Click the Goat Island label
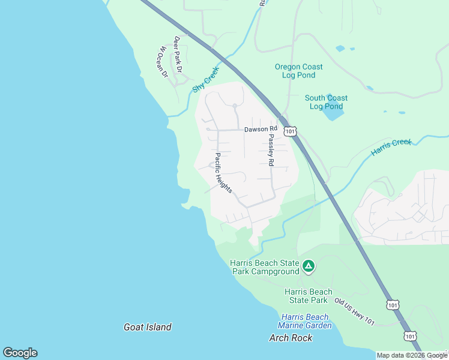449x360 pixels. pyautogui.click(x=148, y=327)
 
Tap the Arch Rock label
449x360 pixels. pyautogui.click(x=291, y=338)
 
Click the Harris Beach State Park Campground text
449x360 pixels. pyautogui.click(x=265, y=267)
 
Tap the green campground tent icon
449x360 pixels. pyautogui.click(x=308, y=265)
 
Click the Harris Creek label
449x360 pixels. pyautogui.click(x=391, y=147)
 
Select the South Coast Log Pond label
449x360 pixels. pyautogui.click(x=326, y=102)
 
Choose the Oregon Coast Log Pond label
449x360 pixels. pyautogui.click(x=298, y=71)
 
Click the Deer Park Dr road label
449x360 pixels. pyautogui.click(x=178, y=54)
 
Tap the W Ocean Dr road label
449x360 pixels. pyautogui.click(x=161, y=62)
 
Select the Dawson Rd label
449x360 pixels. pyautogui.click(x=261, y=129)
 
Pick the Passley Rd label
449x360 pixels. pyautogui.click(x=271, y=150)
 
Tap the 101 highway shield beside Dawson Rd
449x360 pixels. pyautogui.click(x=291, y=131)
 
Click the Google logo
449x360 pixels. pyautogui.click(x=20, y=353)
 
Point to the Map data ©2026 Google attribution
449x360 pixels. pyautogui.click(x=412, y=355)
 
